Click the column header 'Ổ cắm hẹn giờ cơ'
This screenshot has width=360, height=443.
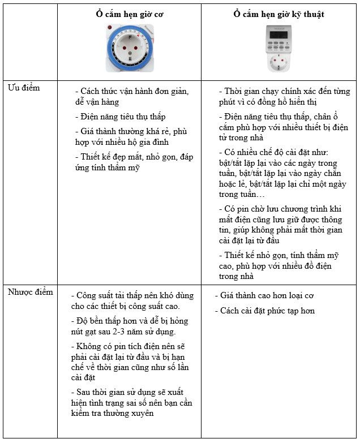(x=129, y=14)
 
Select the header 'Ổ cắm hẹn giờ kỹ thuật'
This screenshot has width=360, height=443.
(x=279, y=14)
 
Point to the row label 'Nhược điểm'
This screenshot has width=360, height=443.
(x=30, y=292)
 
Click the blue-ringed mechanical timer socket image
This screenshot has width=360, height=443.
(x=129, y=49)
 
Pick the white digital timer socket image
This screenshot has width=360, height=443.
(x=279, y=49)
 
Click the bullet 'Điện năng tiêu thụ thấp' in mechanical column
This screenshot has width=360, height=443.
(x=120, y=117)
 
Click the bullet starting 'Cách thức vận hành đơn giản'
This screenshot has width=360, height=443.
(x=131, y=97)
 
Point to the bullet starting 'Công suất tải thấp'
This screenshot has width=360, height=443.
(x=132, y=301)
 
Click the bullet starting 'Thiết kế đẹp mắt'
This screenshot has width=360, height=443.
(x=131, y=162)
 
